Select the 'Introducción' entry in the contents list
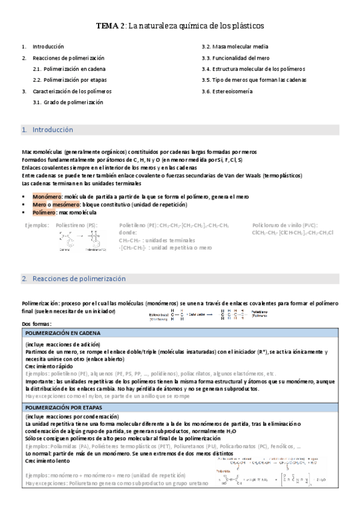48,46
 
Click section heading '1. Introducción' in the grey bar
46,129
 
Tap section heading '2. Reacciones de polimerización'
73,278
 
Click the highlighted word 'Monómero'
46,197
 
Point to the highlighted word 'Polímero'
44,213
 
